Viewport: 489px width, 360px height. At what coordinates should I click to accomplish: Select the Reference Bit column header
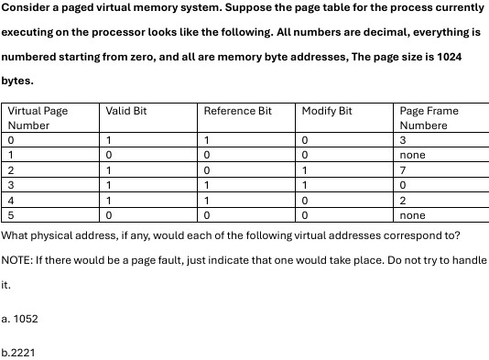237,111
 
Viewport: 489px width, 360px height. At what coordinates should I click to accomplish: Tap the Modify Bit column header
327,111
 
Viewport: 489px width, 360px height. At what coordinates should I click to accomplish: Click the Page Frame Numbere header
429,118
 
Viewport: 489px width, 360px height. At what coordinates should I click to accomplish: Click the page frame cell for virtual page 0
403,141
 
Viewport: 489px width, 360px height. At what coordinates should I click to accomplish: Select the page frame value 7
403,170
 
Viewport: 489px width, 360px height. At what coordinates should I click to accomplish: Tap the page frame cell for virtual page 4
403,201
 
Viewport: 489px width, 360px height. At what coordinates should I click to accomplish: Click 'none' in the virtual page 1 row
413,156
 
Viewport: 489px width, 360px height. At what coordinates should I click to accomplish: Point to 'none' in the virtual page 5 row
413,215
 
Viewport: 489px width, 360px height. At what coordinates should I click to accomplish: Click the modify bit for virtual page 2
304,170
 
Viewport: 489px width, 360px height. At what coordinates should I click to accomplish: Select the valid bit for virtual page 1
108,156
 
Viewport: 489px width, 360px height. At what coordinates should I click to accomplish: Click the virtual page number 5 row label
10,215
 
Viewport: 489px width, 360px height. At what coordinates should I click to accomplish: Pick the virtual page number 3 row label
10,186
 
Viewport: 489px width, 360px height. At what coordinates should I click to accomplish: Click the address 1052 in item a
26,319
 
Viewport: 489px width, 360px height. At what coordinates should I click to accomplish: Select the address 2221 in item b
23,351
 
